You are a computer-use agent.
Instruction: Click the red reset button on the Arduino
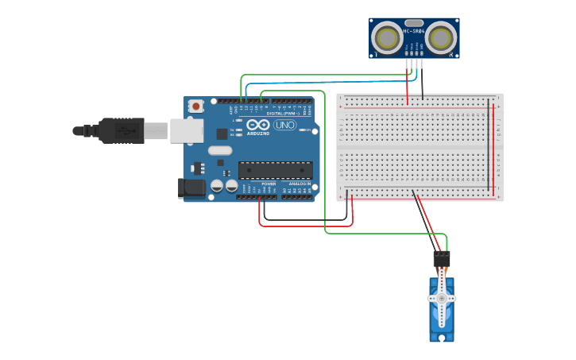[x=196, y=105]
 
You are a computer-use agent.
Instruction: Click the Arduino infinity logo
[x=257, y=125]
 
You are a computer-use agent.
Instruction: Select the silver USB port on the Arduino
[x=186, y=131]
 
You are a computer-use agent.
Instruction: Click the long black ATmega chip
[x=275, y=170]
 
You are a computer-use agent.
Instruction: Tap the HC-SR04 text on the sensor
[x=414, y=31]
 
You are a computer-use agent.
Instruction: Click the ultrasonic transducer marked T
[x=387, y=37]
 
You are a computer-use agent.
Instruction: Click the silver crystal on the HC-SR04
[x=414, y=23]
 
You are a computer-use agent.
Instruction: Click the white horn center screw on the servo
[x=442, y=298]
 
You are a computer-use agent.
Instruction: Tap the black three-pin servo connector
[x=441, y=259]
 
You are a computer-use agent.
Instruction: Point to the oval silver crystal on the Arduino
[x=220, y=150]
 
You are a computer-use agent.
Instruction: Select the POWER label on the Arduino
[x=269, y=184]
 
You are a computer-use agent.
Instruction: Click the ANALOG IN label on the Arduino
[x=300, y=184]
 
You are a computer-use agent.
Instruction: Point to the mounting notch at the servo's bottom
[x=442, y=337]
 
